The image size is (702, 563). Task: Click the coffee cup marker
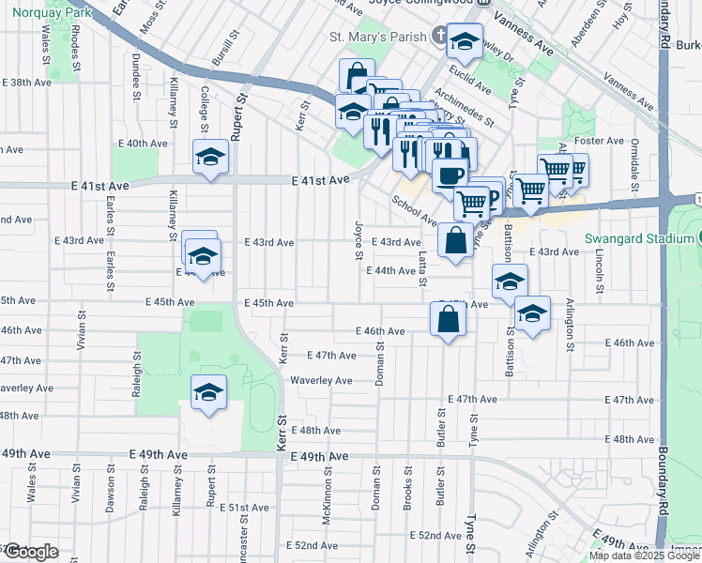click(450, 175)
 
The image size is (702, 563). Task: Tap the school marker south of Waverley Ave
click(208, 393)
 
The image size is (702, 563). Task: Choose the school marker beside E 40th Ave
click(210, 158)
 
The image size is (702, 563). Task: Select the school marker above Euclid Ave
click(465, 41)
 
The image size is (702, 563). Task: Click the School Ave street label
click(415, 211)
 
